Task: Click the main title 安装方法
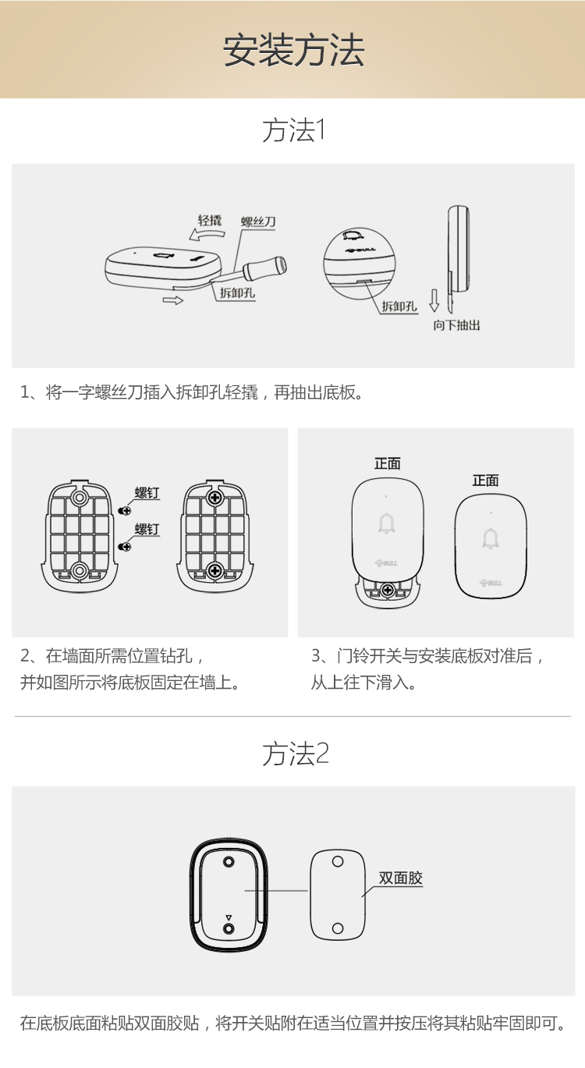294,50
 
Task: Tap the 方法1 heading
294,130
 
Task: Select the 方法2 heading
295,754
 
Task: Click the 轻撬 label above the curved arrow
210,220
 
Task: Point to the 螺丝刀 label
258,222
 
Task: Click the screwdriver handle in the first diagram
265,268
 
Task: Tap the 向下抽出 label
456,325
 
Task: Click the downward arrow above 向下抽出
434,300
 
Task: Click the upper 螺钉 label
147,492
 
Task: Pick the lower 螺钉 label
147,529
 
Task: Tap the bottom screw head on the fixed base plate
215,570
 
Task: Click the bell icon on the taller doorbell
387,523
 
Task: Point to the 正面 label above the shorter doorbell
485,481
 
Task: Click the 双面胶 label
400,878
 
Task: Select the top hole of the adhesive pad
338,861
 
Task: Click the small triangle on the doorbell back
229,917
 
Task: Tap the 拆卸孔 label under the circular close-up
399,306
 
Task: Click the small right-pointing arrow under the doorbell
173,300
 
